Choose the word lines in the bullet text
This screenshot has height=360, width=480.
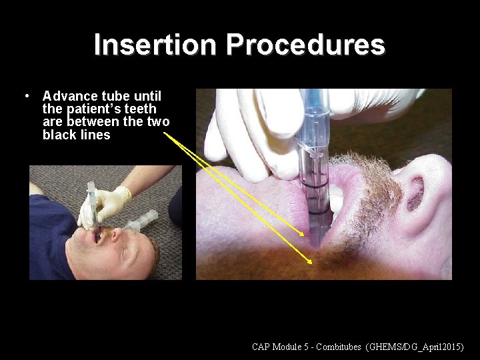point(95,135)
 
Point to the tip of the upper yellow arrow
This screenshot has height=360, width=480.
point(308,237)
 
